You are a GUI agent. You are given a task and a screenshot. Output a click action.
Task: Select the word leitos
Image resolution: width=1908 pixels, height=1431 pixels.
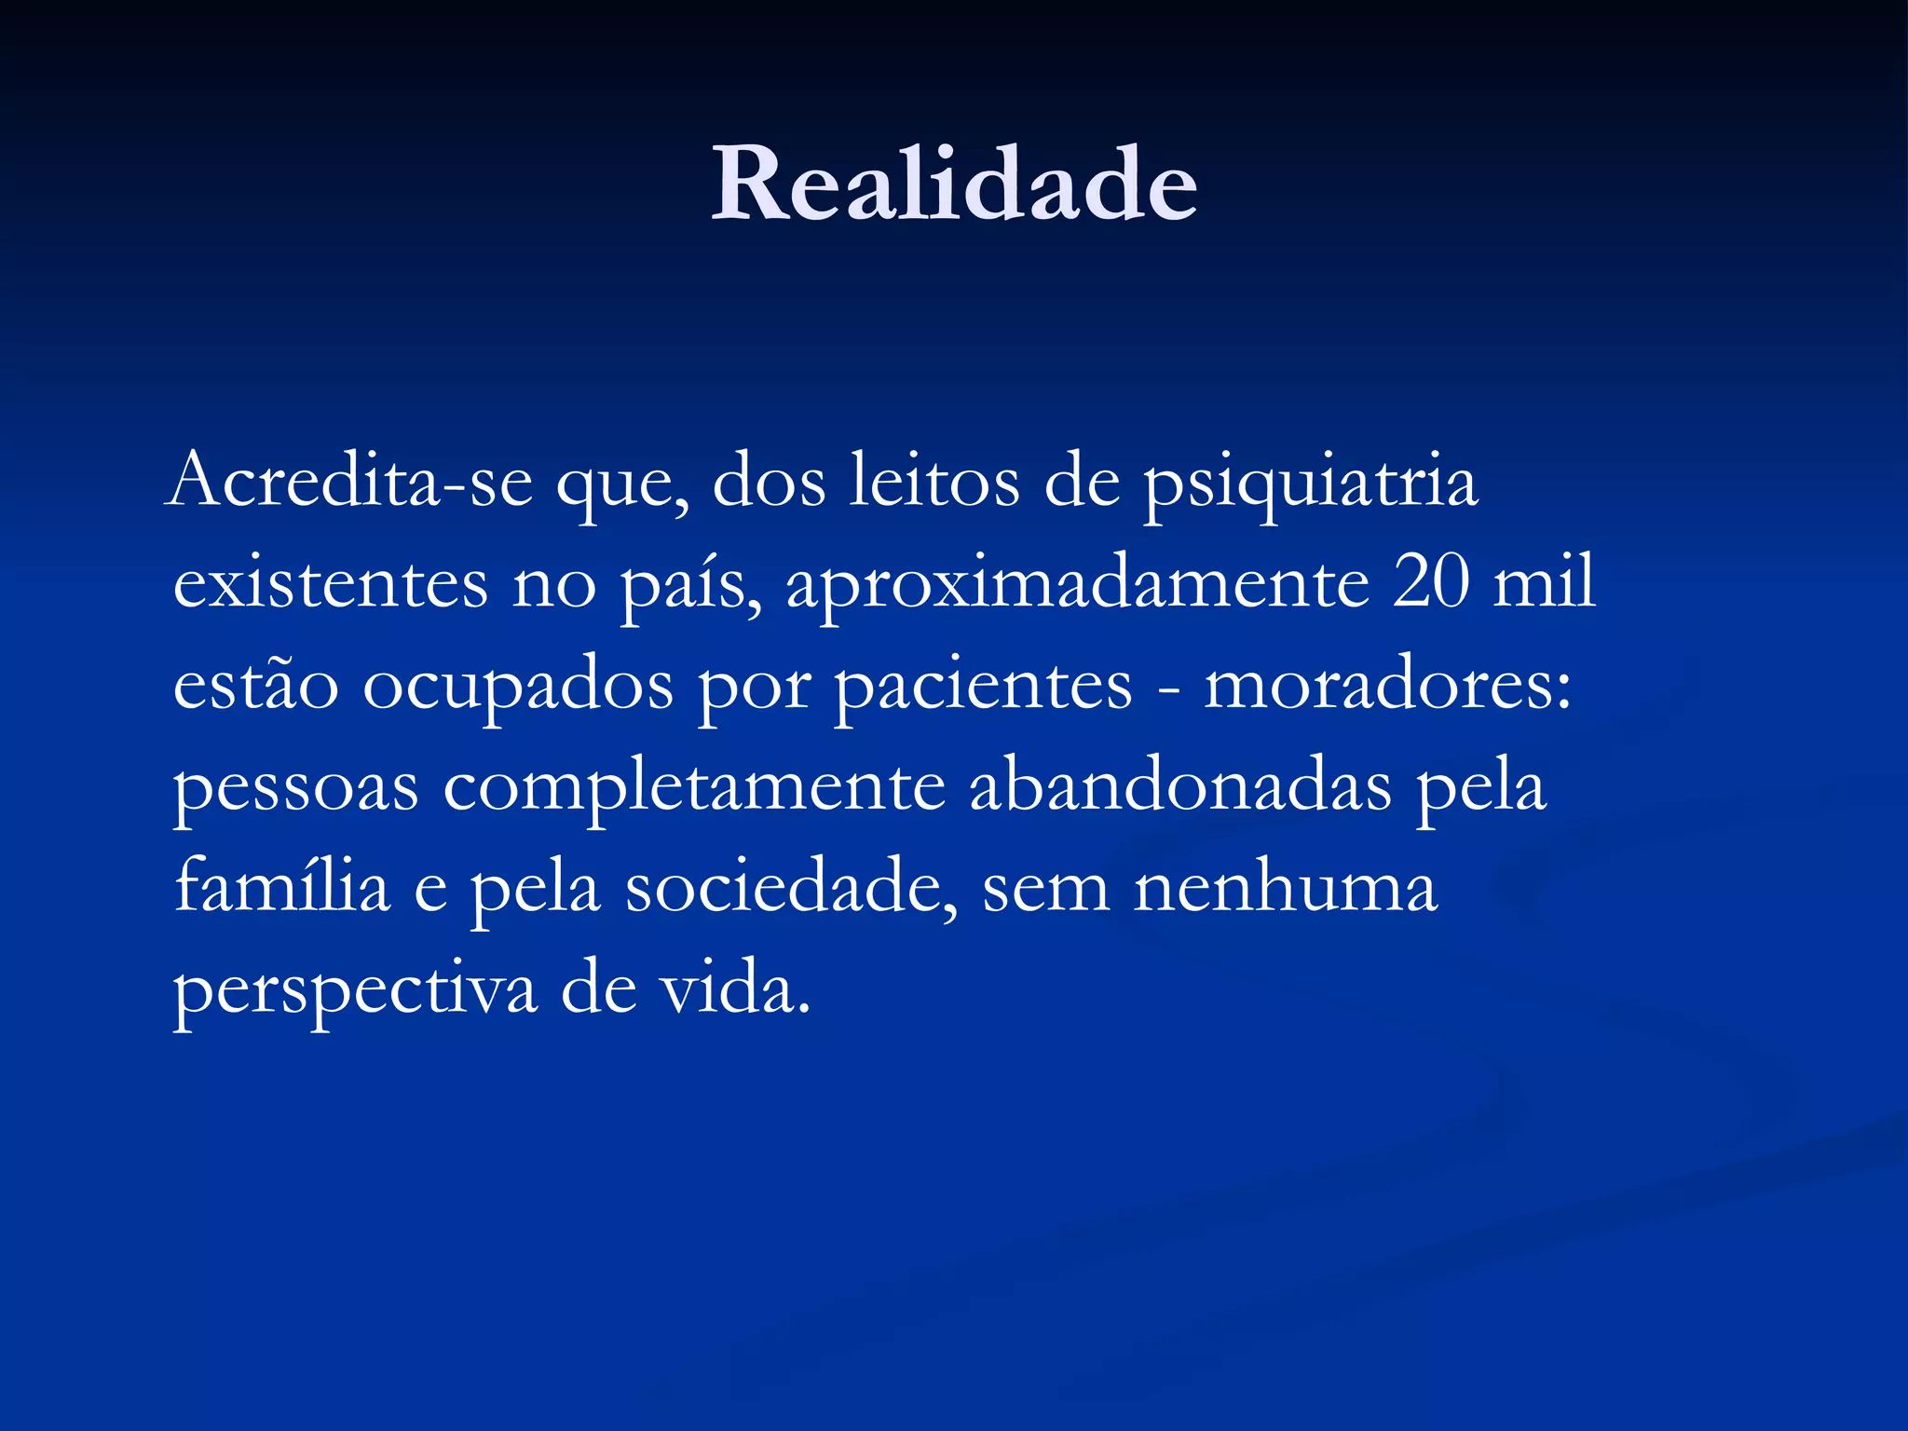934,482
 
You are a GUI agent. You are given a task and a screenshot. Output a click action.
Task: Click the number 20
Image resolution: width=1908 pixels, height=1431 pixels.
1431,582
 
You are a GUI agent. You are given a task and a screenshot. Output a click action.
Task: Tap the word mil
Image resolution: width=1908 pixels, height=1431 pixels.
1545,582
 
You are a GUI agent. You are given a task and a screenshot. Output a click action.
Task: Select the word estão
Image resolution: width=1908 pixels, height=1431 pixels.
256,685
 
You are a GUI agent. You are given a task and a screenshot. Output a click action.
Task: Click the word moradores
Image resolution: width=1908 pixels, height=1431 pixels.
1386,685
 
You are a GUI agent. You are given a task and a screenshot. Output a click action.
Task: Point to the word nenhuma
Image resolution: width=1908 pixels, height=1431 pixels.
1286,887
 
